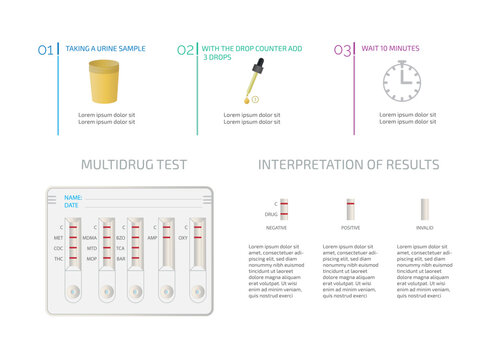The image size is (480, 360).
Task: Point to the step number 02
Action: (186, 49)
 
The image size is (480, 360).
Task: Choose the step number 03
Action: (342, 49)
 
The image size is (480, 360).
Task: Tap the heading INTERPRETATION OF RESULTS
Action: (348, 165)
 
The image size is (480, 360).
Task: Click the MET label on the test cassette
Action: (58, 237)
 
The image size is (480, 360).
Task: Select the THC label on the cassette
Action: (58, 258)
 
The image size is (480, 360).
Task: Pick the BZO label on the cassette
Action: (120, 237)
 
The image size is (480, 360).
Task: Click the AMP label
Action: (152, 237)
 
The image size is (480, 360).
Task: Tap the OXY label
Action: (183, 237)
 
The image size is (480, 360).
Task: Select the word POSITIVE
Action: (351, 228)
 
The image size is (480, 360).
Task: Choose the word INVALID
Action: (425, 228)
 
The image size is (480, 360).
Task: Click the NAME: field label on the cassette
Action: (73, 197)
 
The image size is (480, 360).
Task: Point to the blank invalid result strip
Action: (425, 209)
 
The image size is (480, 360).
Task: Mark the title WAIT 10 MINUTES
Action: (390, 48)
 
